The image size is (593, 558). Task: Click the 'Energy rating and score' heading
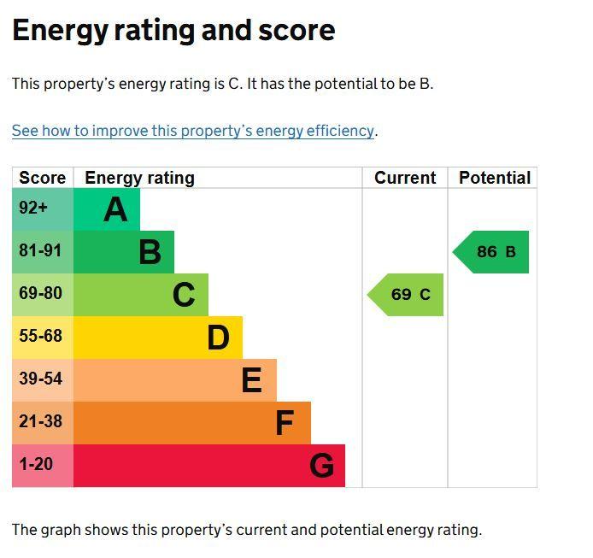click(173, 31)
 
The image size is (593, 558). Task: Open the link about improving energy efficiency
click(193, 131)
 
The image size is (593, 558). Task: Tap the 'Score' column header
click(43, 178)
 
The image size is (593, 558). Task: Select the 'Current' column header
click(405, 178)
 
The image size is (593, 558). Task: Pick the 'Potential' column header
click(495, 178)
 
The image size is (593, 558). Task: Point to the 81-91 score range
click(40, 250)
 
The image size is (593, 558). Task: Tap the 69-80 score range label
click(40, 293)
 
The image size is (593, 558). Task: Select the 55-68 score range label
click(40, 336)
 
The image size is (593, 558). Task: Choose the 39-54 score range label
click(40, 379)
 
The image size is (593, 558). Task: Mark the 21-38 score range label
click(40, 421)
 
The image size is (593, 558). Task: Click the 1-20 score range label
click(36, 464)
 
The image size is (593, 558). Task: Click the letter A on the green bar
click(115, 209)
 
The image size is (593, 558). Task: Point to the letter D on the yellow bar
click(218, 338)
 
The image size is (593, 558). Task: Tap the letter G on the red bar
click(322, 466)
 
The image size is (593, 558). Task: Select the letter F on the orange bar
click(285, 423)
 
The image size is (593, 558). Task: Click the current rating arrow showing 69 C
click(405, 295)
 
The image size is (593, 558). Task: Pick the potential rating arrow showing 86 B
click(490, 252)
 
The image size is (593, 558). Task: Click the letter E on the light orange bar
click(251, 379)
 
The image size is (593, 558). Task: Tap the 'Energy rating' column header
click(140, 178)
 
